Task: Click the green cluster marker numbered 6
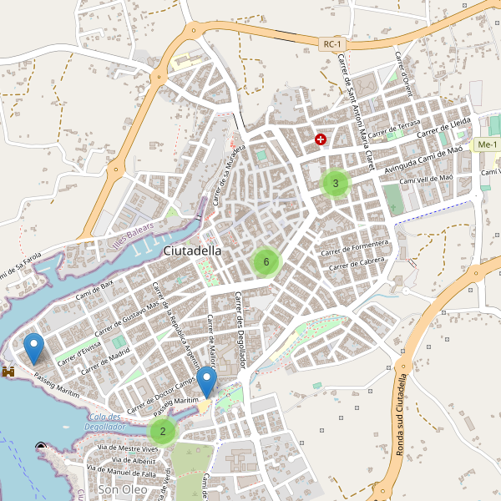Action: pos(266,262)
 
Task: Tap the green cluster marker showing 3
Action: pos(335,183)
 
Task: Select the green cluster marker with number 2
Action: pos(162,432)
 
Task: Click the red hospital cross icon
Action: pos(320,139)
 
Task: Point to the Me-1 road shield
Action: pos(486,145)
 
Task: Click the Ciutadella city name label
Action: pos(193,250)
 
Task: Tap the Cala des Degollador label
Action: pos(104,422)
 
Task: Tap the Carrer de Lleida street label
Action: pos(445,127)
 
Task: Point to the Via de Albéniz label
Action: pos(133,460)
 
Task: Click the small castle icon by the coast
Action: pos(9,370)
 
